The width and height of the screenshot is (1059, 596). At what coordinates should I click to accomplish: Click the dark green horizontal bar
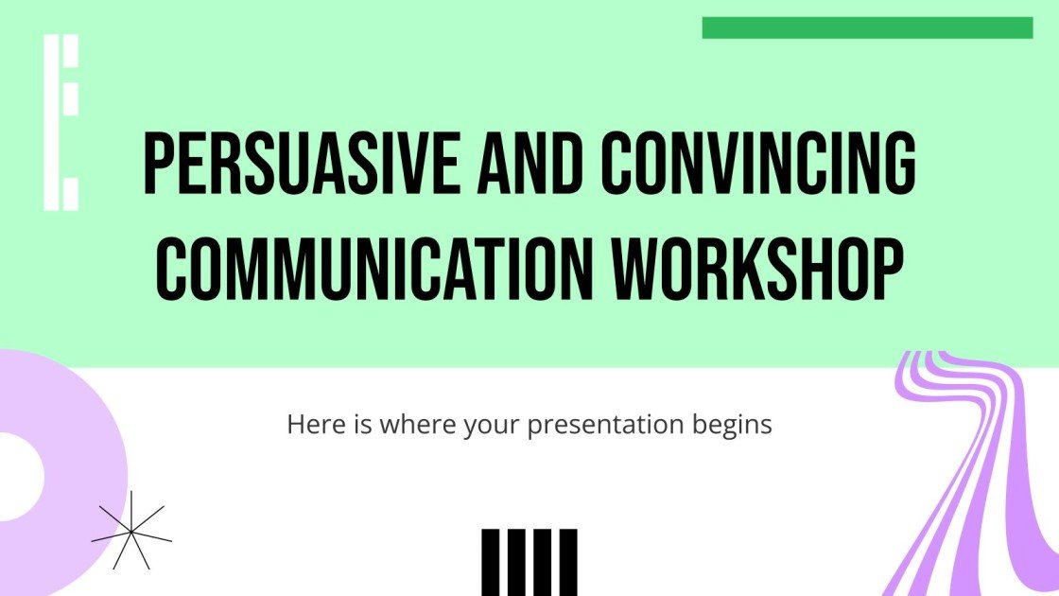866,27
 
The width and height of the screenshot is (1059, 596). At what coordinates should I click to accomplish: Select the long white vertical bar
51,122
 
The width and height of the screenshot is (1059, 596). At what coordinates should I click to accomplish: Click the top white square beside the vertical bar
70,52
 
